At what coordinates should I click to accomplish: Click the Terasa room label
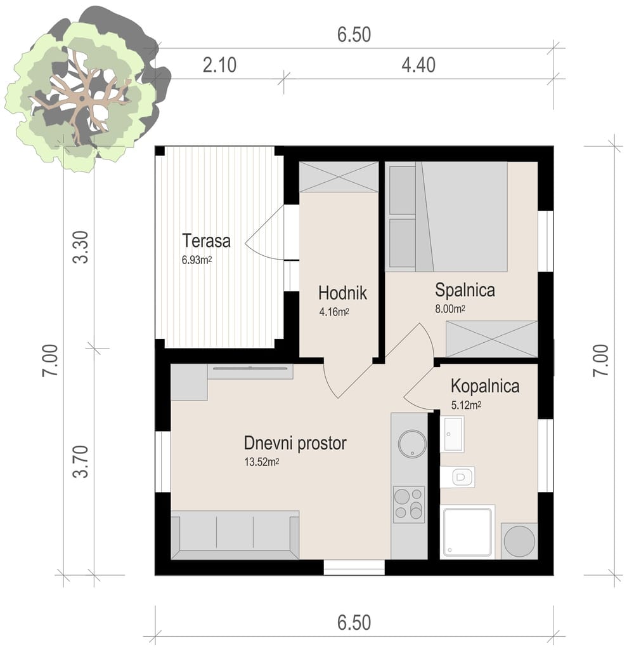click(205, 241)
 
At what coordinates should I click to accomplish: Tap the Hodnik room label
click(342, 293)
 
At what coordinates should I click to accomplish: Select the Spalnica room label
click(465, 290)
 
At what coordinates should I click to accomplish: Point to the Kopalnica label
click(485, 386)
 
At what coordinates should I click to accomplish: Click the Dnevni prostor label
click(295, 443)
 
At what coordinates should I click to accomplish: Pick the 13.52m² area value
click(262, 463)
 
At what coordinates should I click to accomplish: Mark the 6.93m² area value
click(197, 259)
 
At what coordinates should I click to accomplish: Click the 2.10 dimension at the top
click(219, 65)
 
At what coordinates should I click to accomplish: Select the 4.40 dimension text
click(418, 65)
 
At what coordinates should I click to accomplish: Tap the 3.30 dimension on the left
click(80, 248)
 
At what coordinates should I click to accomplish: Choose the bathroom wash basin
click(453, 434)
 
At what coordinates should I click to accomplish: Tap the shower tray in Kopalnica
click(467, 532)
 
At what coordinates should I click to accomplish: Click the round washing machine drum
click(519, 541)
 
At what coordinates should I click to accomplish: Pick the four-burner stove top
click(409, 503)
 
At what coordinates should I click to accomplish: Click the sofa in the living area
click(234, 533)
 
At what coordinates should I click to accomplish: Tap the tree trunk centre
click(82, 100)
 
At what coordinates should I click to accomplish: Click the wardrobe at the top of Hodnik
click(339, 176)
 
